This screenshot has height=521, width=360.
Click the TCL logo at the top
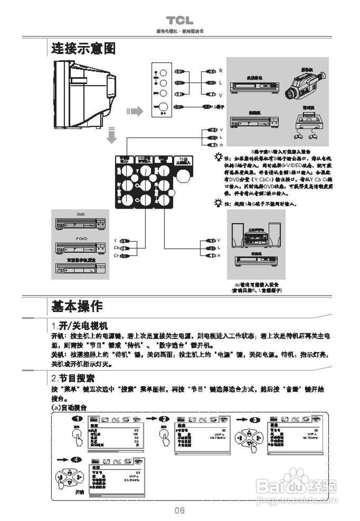point(179,20)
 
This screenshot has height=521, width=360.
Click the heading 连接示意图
point(83,48)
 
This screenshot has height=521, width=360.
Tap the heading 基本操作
point(77,306)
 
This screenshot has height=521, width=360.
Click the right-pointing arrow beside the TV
point(134,111)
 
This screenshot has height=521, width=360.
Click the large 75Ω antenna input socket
point(183,176)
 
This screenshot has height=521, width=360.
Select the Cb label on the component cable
point(117,248)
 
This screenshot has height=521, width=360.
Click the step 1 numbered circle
point(77,419)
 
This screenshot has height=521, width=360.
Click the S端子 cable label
point(219,107)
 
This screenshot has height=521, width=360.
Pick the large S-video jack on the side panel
point(163,107)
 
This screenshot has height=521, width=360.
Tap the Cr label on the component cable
point(116,255)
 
